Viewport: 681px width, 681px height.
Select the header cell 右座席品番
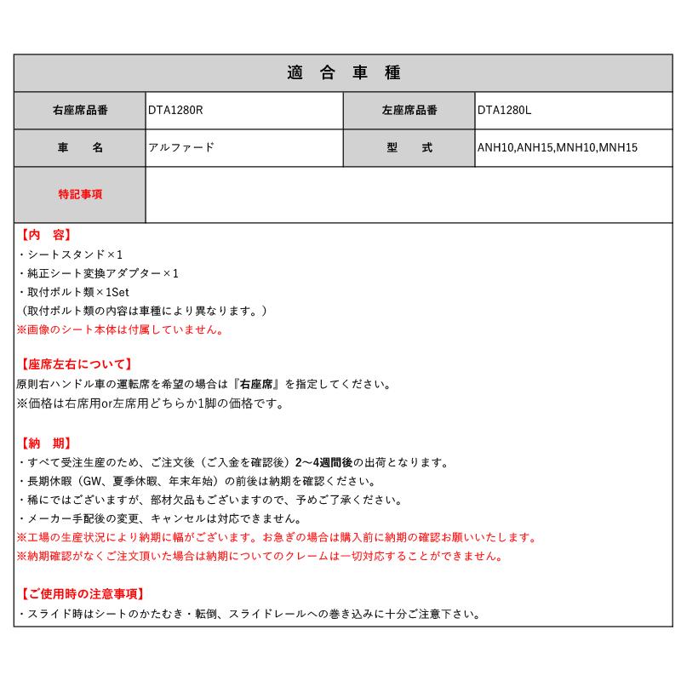coord(80,110)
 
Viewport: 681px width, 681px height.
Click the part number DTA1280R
coord(175,110)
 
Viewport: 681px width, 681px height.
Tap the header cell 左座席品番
coord(409,110)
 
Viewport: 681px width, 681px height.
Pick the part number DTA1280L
coord(504,110)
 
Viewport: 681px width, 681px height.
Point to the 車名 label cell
coord(80,147)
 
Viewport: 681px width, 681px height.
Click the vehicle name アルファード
coord(181,147)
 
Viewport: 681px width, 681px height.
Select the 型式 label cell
coord(409,147)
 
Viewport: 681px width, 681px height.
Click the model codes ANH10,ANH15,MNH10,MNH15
coord(558,148)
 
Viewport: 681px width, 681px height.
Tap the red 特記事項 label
coord(80,194)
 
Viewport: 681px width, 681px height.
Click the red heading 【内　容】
coord(44,235)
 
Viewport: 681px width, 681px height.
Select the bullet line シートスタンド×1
coord(70,255)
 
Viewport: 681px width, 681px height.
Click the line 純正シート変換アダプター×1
coord(98,273)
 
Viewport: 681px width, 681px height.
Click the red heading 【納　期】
coord(44,443)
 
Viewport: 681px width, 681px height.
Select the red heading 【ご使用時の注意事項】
coord(81,593)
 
